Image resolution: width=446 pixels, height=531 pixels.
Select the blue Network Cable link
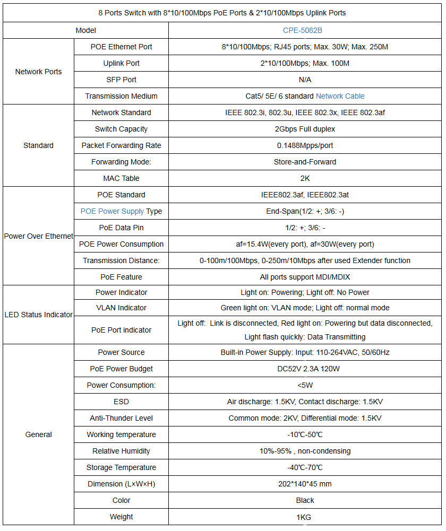(340, 96)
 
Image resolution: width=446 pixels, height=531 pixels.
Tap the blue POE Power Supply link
(112, 211)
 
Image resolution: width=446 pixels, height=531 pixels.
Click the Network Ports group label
(38, 72)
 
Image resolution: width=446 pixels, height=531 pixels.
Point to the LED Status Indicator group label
(38, 315)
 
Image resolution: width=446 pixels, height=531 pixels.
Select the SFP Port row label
(121, 80)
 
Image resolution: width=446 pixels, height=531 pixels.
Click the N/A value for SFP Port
(305, 80)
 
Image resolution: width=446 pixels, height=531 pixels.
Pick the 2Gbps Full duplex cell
(305, 129)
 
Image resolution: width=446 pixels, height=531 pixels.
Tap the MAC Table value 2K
(305, 178)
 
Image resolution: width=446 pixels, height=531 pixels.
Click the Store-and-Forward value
(305, 162)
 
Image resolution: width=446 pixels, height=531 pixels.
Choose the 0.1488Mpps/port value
(305, 145)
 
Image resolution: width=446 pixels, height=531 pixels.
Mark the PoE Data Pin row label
(121, 228)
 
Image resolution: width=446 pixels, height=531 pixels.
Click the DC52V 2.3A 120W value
(305, 369)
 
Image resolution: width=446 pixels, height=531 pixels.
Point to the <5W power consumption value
(305, 385)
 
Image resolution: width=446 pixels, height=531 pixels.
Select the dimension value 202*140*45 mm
(305, 484)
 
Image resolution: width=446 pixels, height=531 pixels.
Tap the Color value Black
(305, 500)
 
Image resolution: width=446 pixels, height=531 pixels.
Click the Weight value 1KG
(305, 517)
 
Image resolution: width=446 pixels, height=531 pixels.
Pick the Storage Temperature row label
(121, 467)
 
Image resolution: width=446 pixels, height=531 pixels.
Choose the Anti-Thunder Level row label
(121, 418)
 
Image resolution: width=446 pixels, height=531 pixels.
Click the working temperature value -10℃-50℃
(305, 434)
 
